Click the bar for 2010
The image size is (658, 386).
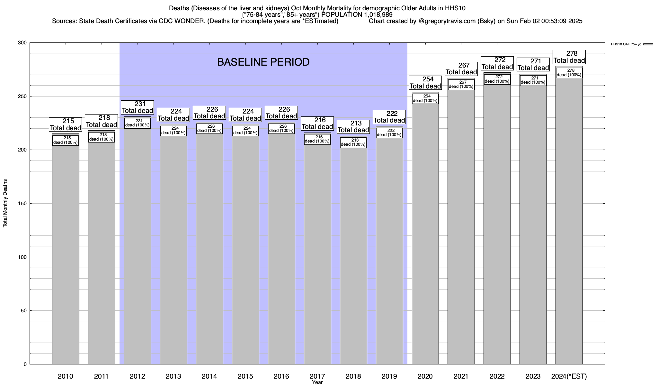[66, 254]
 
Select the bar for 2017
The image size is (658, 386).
[317, 254]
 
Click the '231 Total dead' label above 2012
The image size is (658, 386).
[137, 107]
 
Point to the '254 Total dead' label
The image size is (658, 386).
[425, 83]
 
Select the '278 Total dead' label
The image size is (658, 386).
[569, 57]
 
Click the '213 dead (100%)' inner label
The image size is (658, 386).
[353, 142]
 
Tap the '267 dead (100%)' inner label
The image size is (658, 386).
[461, 85]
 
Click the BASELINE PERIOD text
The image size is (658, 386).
[263, 62]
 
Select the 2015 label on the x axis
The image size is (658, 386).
[245, 376]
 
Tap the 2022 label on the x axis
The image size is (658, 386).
[497, 376]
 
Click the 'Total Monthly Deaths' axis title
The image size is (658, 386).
[5, 204]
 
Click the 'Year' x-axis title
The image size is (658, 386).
[317, 382]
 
